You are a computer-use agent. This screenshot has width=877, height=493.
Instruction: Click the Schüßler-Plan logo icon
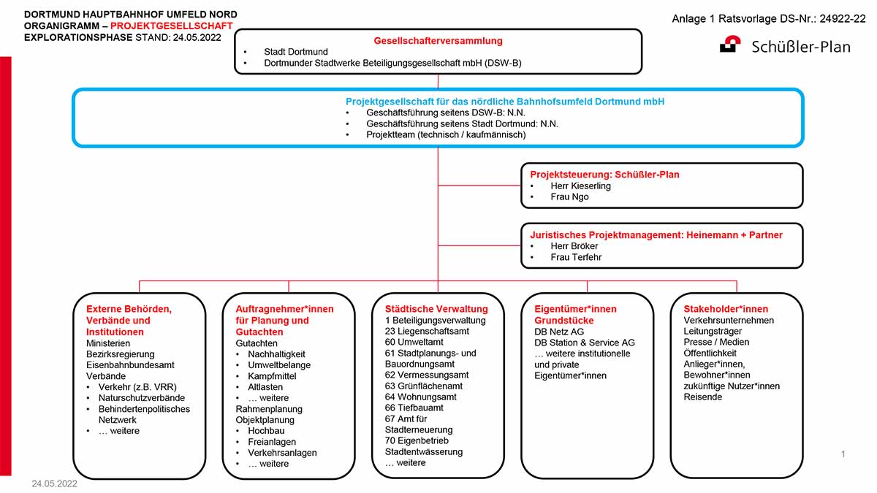(x=730, y=44)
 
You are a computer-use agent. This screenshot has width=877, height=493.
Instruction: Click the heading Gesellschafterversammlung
(x=438, y=41)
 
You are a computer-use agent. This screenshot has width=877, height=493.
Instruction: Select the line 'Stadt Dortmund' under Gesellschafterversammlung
(x=295, y=52)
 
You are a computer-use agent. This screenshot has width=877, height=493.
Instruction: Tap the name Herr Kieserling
(x=580, y=186)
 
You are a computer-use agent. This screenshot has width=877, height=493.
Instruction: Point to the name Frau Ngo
(x=569, y=196)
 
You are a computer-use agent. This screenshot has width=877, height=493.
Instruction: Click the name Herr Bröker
(x=574, y=246)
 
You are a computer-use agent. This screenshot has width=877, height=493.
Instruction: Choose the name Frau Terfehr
(x=576, y=257)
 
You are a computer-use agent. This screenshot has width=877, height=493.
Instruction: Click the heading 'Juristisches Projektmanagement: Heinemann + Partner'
(x=656, y=234)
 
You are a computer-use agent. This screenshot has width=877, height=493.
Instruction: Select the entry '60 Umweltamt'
(x=414, y=342)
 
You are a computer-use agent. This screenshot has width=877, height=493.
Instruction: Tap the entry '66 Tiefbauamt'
(x=414, y=408)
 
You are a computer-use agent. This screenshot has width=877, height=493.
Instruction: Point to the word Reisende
(x=702, y=397)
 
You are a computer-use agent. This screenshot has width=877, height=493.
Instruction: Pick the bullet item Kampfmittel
(x=272, y=376)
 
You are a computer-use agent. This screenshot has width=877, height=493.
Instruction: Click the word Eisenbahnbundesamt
(x=130, y=365)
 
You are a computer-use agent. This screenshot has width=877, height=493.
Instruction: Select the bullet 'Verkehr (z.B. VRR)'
(x=137, y=387)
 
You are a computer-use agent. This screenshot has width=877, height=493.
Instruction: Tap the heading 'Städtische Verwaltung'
(x=436, y=309)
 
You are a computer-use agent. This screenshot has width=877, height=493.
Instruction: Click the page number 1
(x=843, y=454)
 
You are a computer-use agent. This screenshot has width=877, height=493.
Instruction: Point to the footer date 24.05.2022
(x=54, y=484)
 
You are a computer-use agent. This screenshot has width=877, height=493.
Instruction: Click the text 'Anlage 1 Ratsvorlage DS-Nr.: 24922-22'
(x=769, y=19)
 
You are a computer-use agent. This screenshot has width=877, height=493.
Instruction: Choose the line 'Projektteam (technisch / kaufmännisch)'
(x=446, y=135)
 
